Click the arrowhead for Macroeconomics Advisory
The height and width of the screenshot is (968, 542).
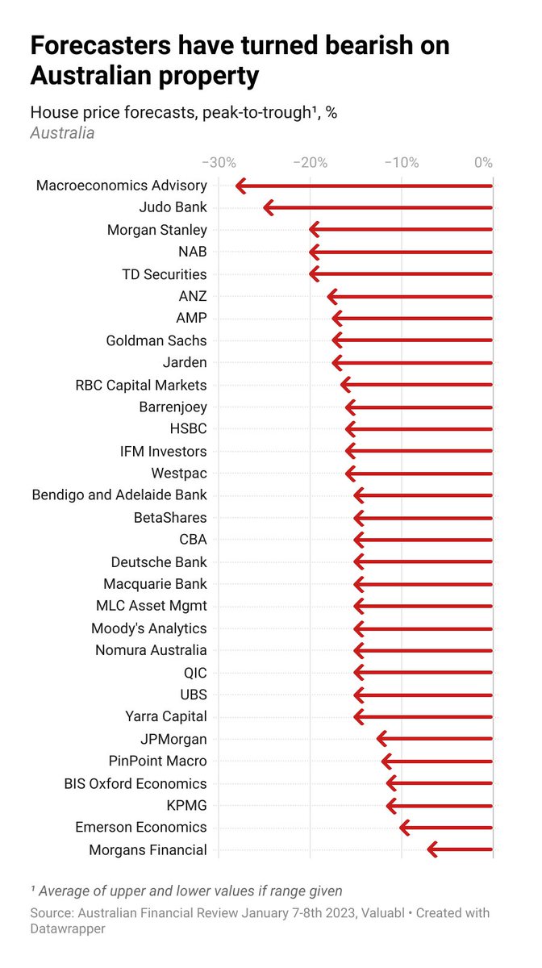240,186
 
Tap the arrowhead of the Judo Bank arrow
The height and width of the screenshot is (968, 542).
268,208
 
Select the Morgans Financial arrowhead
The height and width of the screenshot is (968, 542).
431,849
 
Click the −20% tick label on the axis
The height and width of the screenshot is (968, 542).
310,162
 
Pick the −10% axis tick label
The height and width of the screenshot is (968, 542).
401,162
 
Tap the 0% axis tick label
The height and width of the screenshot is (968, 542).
483,162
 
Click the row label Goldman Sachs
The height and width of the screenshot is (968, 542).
156,340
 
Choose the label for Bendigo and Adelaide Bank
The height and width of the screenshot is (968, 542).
119,494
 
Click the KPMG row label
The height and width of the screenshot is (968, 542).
187,805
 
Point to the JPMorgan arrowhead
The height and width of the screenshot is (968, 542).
381,738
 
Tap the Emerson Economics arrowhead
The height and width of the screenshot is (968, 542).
403,827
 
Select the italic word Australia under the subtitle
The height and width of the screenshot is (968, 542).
62,133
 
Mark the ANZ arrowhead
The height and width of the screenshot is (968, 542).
331,297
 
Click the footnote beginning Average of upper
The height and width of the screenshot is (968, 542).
186,891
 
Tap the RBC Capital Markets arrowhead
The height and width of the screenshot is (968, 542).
344,385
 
